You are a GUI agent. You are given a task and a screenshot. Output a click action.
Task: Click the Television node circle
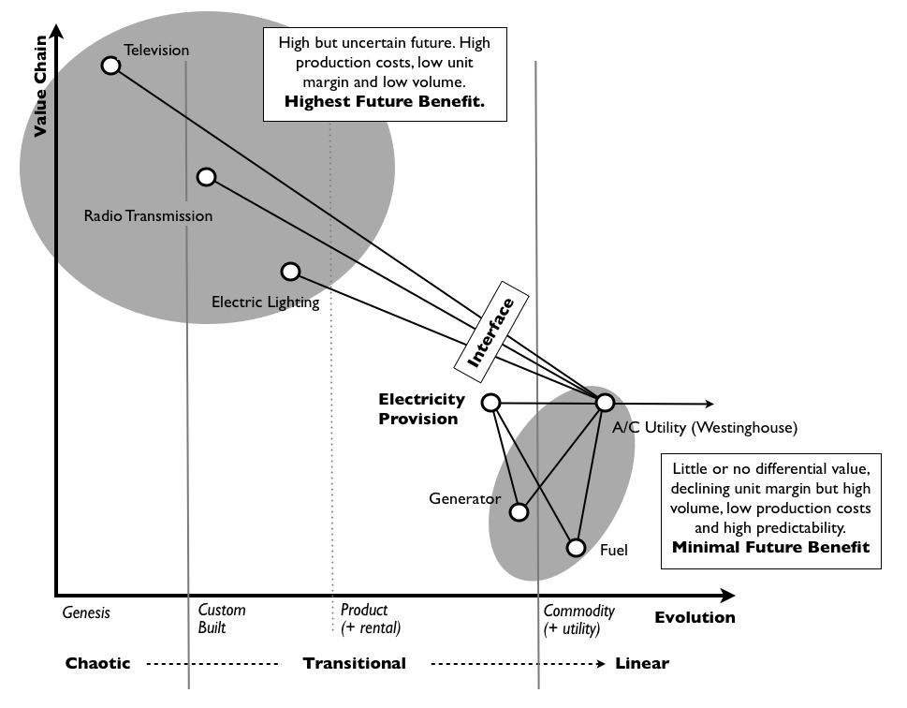(111, 65)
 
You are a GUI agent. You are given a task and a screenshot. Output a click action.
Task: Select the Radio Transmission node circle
(207, 177)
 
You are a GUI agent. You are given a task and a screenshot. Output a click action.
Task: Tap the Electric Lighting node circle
(291, 272)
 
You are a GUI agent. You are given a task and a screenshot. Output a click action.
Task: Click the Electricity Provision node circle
(490, 403)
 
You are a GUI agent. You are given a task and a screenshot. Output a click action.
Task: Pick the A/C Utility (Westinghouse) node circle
(605, 403)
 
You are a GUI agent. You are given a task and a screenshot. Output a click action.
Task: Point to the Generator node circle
(519, 512)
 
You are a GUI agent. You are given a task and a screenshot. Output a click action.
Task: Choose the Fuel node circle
(577, 548)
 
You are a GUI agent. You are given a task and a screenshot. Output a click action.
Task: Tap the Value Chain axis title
(40, 94)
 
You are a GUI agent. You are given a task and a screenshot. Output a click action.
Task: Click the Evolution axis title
(695, 617)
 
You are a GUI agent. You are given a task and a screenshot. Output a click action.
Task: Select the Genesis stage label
(86, 612)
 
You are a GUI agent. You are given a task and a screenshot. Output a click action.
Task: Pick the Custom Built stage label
(222, 619)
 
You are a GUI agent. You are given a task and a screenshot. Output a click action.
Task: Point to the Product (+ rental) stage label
(370, 619)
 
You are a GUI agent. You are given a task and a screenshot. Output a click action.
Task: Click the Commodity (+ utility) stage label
(579, 619)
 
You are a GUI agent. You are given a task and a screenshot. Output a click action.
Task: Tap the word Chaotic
(98, 663)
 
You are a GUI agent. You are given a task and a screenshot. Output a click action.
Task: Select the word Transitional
(354, 663)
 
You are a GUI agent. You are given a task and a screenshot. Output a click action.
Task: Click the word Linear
(642, 663)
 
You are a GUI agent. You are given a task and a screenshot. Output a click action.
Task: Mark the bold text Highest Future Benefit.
(384, 101)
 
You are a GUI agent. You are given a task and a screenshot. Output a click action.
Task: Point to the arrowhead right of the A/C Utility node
(709, 405)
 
